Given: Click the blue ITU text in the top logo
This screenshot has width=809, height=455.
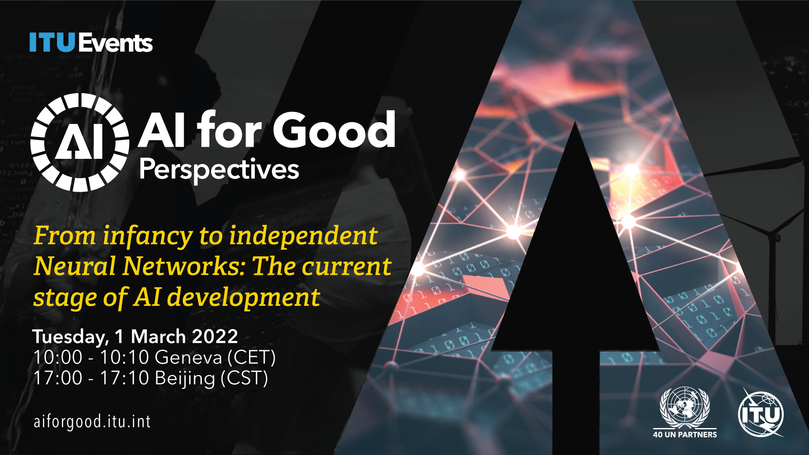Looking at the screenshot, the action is (52, 43).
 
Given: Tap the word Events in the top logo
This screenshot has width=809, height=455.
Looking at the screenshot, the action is (115, 43).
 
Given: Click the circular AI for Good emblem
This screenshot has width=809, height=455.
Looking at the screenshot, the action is (80, 142).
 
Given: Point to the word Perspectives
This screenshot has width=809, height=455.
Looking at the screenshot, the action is (219, 170).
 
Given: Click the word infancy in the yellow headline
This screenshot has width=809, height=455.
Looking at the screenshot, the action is (148, 236).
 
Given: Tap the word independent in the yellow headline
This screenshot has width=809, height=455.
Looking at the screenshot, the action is (303, 236).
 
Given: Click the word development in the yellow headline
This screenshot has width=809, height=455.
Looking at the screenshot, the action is (244, 297).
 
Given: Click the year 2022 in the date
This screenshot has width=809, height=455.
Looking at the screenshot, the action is (215, 337).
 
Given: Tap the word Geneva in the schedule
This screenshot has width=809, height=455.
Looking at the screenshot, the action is (188, 358).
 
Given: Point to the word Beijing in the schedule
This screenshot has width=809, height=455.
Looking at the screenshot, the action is (185, 378).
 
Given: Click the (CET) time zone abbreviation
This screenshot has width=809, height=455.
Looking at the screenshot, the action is (252, 358).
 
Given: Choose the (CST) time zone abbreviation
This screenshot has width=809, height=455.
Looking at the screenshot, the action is (244, 378).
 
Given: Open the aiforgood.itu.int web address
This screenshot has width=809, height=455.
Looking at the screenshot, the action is (92, 422).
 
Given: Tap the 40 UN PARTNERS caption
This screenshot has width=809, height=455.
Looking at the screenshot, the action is (685, 434).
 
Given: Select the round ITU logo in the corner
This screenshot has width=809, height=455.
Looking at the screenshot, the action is (761, 413).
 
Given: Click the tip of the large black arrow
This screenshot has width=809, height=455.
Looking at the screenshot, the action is (575, 122).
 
